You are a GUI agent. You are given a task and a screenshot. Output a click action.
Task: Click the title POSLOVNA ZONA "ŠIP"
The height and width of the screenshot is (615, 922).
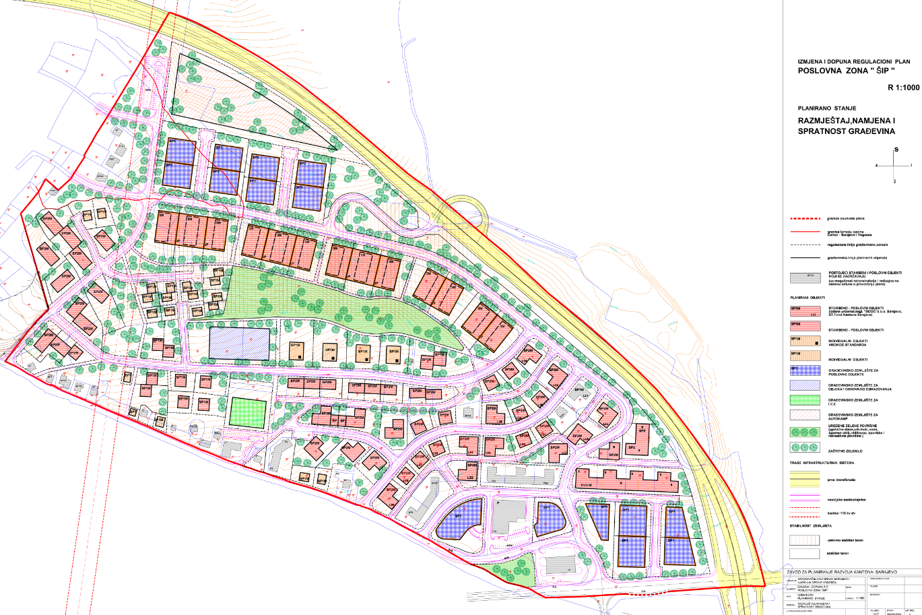(x=846, y=71)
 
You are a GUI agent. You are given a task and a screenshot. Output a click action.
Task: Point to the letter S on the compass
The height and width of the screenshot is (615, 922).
(x=896, y=150)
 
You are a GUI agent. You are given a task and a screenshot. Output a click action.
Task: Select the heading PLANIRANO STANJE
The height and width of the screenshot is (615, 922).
(x=826, y=108)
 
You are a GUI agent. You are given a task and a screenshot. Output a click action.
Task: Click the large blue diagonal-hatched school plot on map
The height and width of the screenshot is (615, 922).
(x=238, y=343)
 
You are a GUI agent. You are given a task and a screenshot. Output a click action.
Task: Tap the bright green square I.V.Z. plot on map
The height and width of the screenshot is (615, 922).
(x=247, y=412)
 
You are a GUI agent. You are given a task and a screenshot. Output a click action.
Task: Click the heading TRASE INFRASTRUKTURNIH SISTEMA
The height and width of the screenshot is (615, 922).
(x=832, y=463)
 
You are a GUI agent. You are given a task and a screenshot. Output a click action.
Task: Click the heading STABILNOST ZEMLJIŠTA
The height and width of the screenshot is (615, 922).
(x=813, y=525)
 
